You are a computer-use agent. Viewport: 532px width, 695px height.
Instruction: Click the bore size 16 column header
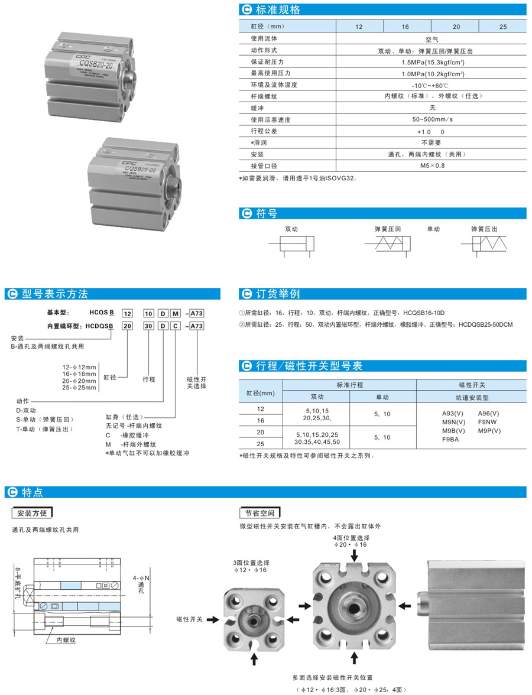coord(407,27)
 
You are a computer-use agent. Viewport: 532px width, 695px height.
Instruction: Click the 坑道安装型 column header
coord(472,396)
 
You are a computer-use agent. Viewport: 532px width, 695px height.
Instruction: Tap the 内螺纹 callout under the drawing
coord(67,639)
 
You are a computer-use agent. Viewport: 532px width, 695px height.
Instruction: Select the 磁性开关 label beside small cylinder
coord(189,619)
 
